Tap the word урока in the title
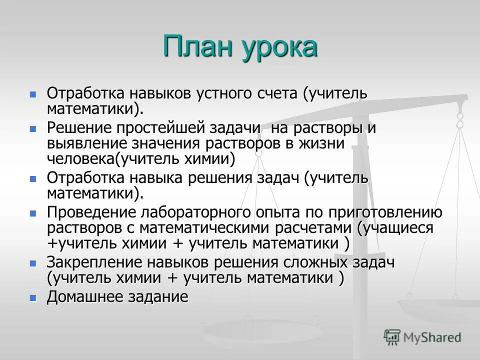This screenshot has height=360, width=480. tap(280, 47)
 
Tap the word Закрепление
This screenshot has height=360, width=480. tap(90, 263)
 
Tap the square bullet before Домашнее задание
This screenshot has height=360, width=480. tap(33, 297)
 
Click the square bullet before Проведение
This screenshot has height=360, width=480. tap(33, 213)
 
